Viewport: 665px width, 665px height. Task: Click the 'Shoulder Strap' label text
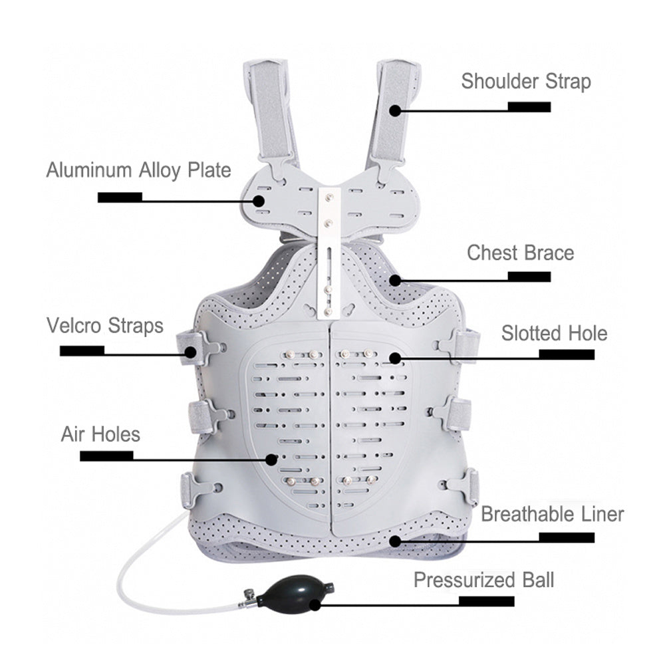click(526, 82)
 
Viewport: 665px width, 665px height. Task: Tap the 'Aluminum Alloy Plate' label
click(139, 170)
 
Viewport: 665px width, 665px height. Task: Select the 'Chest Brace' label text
click(521, 253)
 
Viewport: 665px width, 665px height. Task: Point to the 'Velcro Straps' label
click(105, 326)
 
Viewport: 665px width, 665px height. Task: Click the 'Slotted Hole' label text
click(555, 333)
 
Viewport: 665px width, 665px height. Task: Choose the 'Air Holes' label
click(100, 434)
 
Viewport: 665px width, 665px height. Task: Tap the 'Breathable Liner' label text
click(552, 514)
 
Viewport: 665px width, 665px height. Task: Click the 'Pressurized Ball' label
click(484, 580)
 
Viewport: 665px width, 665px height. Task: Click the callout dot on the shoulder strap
click(395, 110)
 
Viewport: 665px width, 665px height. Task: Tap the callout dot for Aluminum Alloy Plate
click(259, 201)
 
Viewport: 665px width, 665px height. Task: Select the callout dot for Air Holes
click(271, 459)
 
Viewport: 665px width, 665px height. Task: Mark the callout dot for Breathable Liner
click(395, 541)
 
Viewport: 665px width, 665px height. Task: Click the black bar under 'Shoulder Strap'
click(529, 107)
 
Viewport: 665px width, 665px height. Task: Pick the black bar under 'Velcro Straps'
click(82, 350)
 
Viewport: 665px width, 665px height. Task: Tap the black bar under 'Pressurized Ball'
click(487, 601)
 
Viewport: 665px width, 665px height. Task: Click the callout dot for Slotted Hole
click(395, 358)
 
